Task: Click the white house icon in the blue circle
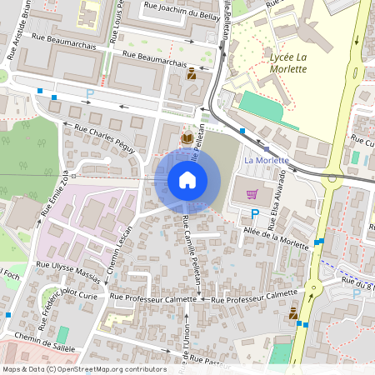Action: tap(187, 180)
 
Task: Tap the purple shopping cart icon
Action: tap(252, 194)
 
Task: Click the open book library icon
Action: tap(187, 137)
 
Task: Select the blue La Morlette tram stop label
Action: tap(266, 160)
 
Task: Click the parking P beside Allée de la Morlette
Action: tap(255, 214)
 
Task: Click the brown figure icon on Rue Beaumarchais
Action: tap(192, 74)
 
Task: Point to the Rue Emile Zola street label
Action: tap(52, 195)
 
